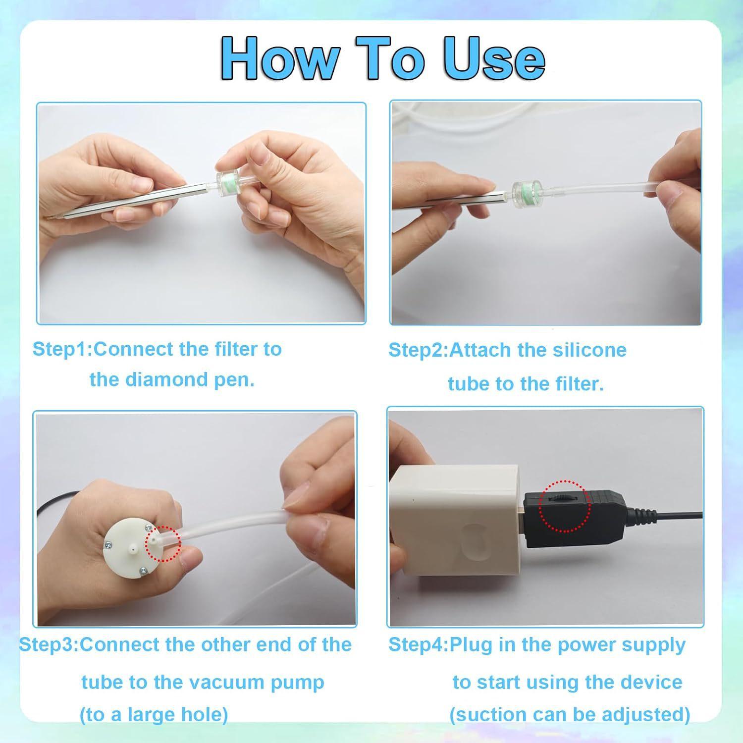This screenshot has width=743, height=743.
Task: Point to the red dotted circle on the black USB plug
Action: [565, 506]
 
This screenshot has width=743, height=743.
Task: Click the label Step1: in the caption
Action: [62, 349]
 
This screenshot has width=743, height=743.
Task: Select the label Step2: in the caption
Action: [418, 350]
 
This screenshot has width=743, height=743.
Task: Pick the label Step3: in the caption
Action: [49, 644]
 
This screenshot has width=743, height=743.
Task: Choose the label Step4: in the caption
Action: [418, 644]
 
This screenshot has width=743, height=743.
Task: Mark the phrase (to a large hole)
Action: [154, 715]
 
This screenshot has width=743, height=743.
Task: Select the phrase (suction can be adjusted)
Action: [570, 715]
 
